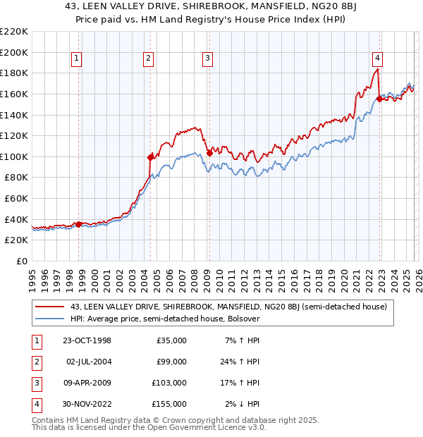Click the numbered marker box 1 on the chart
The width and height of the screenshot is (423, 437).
tap(75, 59)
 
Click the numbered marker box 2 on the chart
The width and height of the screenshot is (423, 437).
tap(149, 59)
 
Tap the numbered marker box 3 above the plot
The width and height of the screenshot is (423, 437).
tap(208, 59)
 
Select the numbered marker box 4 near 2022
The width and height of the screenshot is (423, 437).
tap(378, 59)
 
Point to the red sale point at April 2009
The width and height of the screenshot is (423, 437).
tap(210, 153)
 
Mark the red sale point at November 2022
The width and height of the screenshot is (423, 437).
tap(379, 99)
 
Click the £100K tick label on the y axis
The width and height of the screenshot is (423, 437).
tap(14, 156)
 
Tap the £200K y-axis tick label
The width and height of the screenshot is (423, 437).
tap(14, 52)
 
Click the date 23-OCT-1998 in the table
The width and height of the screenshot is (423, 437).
tap(87, 340)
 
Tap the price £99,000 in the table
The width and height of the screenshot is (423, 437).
tap(170, 362)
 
